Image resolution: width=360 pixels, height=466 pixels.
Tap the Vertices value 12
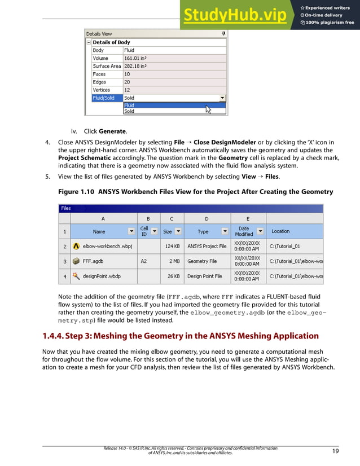[x=128, y=90]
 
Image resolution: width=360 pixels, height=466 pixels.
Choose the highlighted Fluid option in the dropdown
[x=130, y=105]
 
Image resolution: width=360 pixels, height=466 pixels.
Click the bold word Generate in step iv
[x=112, y=131]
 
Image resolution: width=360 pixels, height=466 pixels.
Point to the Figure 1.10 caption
[x=195, y=192]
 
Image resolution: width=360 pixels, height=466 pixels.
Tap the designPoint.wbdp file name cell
[x=102, y=276]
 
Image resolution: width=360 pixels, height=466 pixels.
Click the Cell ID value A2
[x=144, y=262]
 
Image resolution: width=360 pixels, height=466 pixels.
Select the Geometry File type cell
[x=202, y=262]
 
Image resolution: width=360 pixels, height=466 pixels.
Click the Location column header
[x=280, y=231]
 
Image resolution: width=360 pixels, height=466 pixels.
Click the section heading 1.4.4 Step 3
[x=181, y=336]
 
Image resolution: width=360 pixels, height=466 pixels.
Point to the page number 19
[x=335, y=451]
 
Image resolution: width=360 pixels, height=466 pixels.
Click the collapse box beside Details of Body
[x=89, y=42]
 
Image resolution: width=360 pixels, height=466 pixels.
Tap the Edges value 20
[x=128, y=82]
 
